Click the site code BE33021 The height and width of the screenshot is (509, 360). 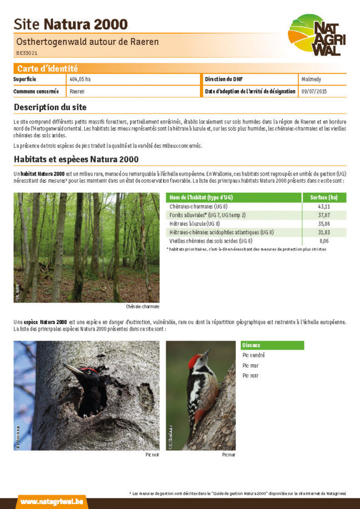coord(27,53)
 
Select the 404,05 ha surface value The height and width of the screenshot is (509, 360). coord(80,79)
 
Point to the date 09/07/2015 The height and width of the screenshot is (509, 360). coord(315,91)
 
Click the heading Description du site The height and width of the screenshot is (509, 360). coord(50,107)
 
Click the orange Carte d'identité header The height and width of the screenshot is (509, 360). coord(47,69)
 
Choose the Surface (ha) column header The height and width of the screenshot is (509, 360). coord(324,198)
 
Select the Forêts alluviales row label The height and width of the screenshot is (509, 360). coord(207,215)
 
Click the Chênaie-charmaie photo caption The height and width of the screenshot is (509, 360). coord(142,306)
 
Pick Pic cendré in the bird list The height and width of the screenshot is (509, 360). coord(254,356)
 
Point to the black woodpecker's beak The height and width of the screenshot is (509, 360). coord(71,369)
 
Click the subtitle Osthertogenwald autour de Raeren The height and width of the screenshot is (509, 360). coord(88,42)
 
